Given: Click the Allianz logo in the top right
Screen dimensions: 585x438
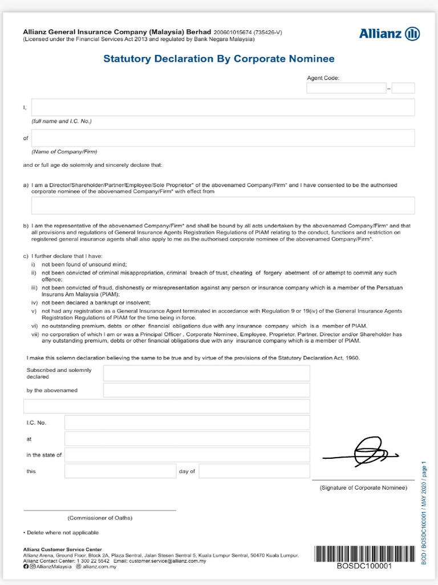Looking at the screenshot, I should [390, 34].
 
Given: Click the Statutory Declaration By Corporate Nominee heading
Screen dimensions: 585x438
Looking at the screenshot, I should [218, 59].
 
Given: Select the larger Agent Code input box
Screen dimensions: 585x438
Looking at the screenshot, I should [346, 88].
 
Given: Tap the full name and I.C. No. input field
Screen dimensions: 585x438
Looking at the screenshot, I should [222, 107].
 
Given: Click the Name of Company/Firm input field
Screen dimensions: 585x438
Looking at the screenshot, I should [222, 138].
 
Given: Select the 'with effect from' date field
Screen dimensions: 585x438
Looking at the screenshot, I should [222, 205].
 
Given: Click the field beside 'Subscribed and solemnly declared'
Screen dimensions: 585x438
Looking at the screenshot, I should [206, 373].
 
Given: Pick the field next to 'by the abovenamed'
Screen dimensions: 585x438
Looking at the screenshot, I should [206, 390].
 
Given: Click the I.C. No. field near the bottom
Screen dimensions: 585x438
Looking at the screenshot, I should [187, 423].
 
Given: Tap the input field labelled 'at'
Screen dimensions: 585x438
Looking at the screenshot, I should [187, 439].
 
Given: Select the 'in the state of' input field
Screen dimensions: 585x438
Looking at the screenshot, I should [187, 455].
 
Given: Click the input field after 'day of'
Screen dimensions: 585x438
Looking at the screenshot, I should [254, 471].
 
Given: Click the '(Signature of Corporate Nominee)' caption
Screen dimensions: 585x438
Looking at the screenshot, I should [363, 488].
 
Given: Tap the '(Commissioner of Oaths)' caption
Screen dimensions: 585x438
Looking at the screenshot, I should [100, 518].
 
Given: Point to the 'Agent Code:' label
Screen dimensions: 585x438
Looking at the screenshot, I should [323, 78].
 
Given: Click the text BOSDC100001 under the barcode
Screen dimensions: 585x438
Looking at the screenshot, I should [364, 566].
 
